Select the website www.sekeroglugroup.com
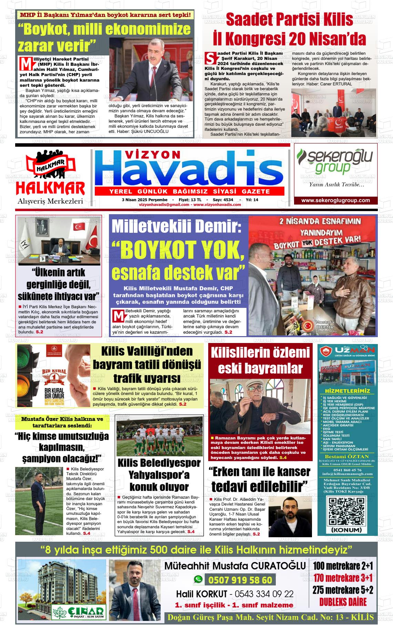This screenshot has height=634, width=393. click(335, 200)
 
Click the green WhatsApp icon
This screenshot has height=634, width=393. click(198, 580)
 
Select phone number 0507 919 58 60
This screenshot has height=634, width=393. click(240, 580)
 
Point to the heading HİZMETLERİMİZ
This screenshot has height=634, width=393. click(347, 391)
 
